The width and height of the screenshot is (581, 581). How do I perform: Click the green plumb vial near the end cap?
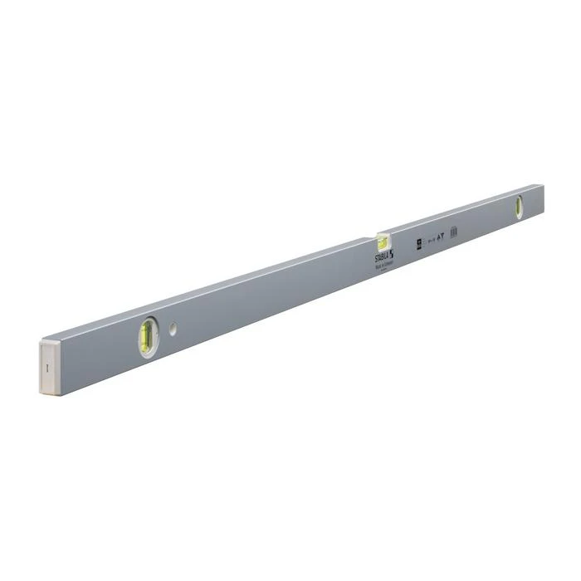coord(149,336)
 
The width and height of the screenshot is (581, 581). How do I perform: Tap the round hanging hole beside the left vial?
coord(173,330)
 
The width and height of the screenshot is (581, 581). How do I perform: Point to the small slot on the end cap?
coord(48,365)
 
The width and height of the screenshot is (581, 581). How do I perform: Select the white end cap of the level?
coord(49,365)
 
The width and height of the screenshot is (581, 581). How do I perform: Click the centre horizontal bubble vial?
coord(383,242)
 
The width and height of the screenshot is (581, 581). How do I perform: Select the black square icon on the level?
coord(420,245)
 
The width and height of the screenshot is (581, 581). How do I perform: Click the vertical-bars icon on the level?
coord(453,233)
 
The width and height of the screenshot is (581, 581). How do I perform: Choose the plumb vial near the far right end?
coord(519,207)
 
